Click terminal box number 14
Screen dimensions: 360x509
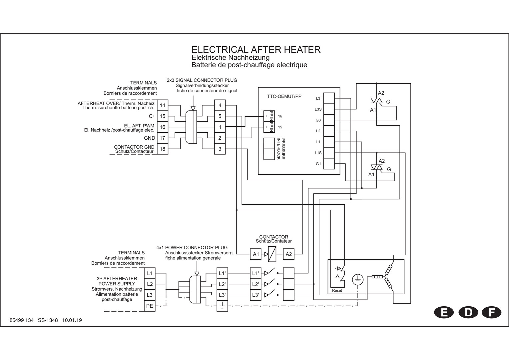tap(163, 105)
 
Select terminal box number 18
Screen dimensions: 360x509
tap(163, 149)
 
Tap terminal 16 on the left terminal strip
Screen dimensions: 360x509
tap(163, 127)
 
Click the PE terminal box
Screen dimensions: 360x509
tap(150, 306)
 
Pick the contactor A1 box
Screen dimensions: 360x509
tap(255, 254)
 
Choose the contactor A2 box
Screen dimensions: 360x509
tap(288, 254)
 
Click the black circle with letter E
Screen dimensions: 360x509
tap(444, 312)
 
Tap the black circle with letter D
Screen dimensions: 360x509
tap(468, 312)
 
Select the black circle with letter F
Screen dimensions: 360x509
tap(491, 312)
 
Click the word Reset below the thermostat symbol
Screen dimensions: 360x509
tap(337, 290)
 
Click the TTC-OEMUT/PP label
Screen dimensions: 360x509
tap(284, 96)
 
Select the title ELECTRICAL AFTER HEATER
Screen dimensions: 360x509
tap(256, 50)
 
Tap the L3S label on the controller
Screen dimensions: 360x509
tap(318, 109)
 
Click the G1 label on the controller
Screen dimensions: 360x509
tap(318, 164)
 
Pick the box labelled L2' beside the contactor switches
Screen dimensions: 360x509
tap(255, 284)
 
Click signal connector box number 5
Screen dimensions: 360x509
tap(220, 116)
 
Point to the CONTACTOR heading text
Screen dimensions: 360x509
tap(273, 237)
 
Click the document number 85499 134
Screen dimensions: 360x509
tap(22, 320)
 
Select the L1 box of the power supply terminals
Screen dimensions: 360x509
tap(150, 273)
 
